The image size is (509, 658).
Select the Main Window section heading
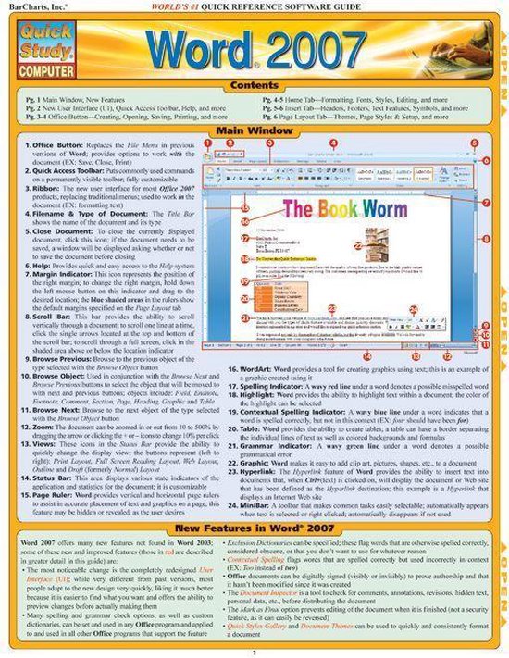tap(251, 130)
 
